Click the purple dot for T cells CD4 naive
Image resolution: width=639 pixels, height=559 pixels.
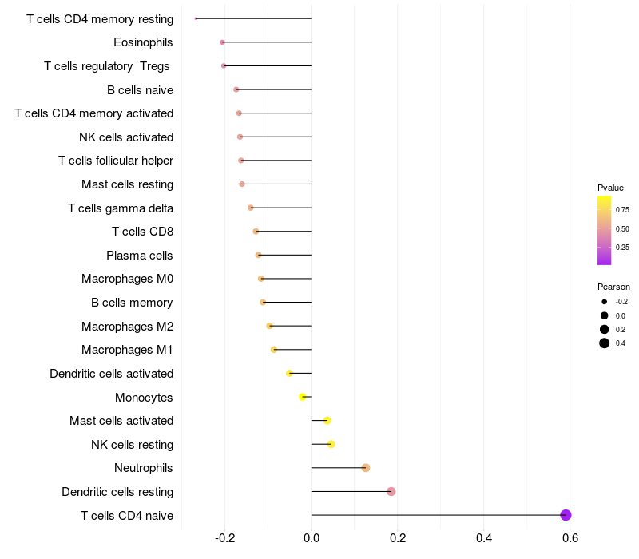pyautogui.click(x=566, y=515)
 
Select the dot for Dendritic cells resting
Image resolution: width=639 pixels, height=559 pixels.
pyautogui.click(x=391, y=491)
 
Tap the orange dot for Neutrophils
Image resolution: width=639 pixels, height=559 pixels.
pyautogui.click(x=366, y=468)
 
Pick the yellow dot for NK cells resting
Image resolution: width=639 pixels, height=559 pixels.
pyautogui.click(x=331, y=444)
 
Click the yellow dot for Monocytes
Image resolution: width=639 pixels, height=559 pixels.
pyautogui.click(x=303, y=397)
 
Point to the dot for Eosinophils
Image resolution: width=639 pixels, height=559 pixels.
pyautogui.click(x=223, y=42)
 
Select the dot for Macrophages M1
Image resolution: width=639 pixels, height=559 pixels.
pyautogui.click(x=274, y=350)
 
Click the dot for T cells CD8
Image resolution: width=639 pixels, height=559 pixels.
pyautogui.click(x=256, y=232)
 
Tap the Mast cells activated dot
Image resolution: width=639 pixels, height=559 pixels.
pyautogui.click(x=327, y=421)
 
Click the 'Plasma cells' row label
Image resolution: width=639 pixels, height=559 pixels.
pyautogui.click(x=140, y=256)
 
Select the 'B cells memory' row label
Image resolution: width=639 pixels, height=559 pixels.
pyautogui.click(x=132, y=303)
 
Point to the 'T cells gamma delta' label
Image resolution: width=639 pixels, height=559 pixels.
pyautogui.click(x=121, y=208)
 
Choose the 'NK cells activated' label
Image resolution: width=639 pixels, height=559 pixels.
pyautogui.click(x=126, y=137)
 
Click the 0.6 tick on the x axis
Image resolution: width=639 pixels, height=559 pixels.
pyautogui.click(x=570, y=539)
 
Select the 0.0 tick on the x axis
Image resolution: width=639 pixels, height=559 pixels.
pyautogui.click(x=312, y=539)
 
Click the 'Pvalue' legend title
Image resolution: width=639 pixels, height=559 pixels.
pyautogui.click(x=610, y=188)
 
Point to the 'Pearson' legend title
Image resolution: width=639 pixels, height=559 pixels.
pyautogui.click(x=613, y=287)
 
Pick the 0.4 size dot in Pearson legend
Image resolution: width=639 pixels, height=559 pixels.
pyautogui.click(x=605, y=343)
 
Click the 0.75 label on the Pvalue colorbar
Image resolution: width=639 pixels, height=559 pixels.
pyautogui.click(x=622, y=210)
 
